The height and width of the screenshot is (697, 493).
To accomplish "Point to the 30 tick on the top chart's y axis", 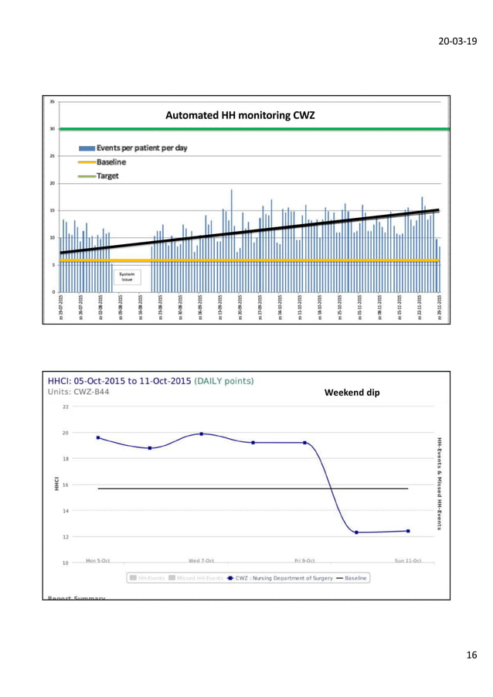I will (52, 129).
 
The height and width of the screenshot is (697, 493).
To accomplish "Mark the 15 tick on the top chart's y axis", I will (52, 211).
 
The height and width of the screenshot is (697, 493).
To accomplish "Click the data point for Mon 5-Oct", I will (98, 437).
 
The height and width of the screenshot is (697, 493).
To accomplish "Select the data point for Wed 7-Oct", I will (202, 433).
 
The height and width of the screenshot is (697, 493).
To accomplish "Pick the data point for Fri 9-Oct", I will (304, 443).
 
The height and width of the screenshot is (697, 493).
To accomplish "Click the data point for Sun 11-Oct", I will (408, 531).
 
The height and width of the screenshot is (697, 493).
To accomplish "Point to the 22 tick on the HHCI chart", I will (65, 406).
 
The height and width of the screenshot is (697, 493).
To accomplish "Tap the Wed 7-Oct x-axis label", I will (201, 560).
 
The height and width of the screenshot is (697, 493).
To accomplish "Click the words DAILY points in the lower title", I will (226, 380).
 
